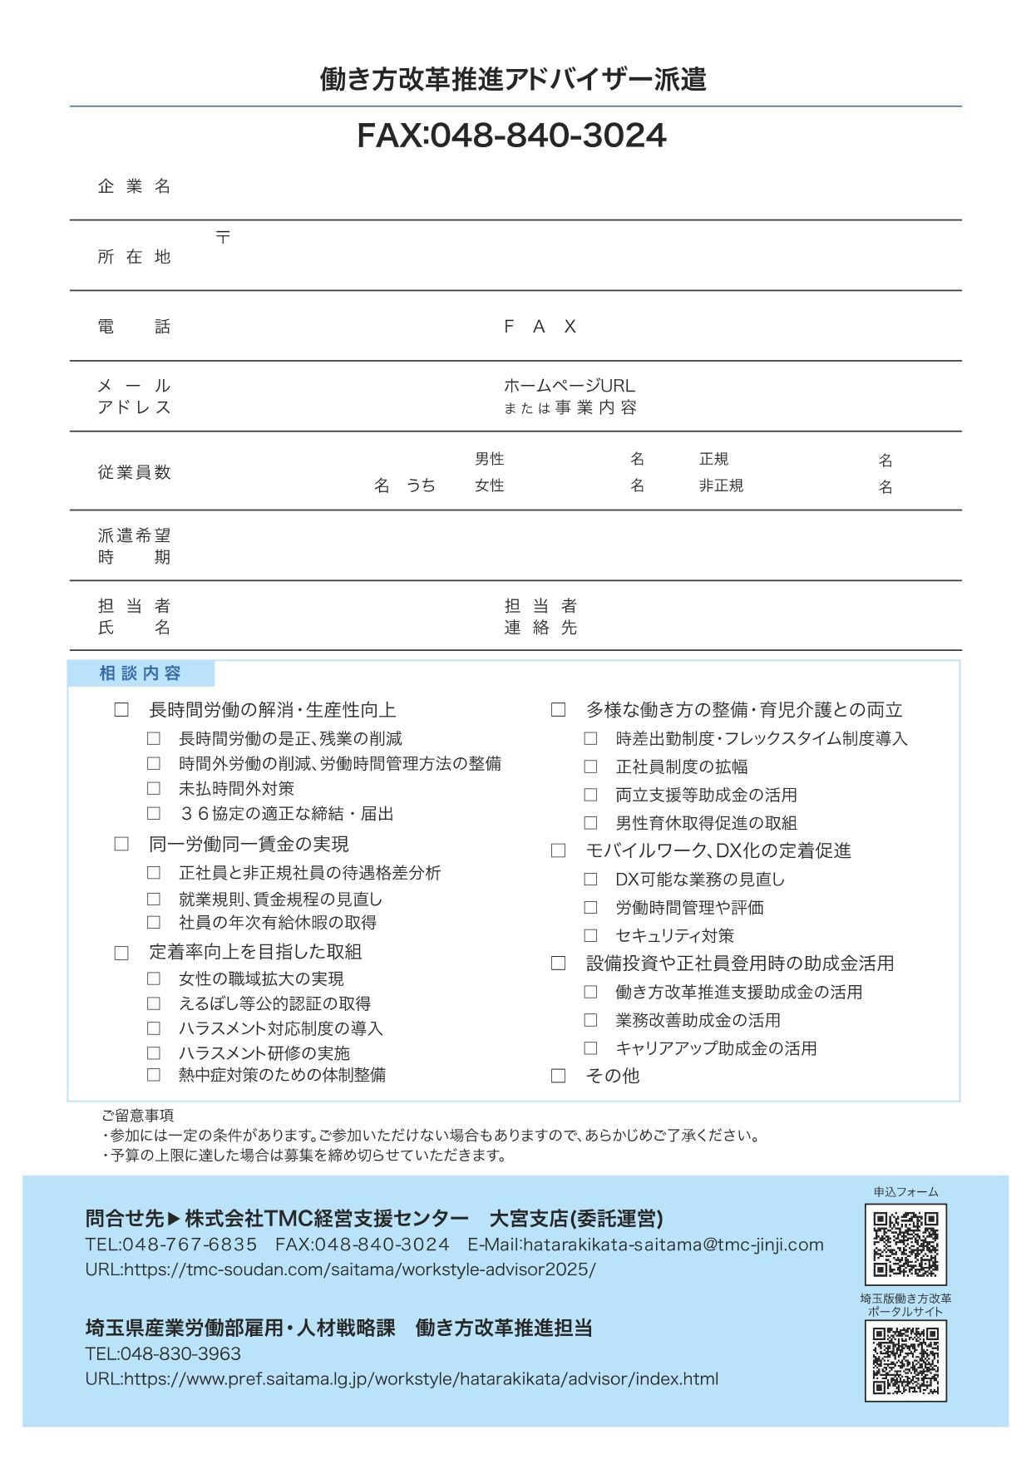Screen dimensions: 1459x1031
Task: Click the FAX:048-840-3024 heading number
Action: tap(511, 136)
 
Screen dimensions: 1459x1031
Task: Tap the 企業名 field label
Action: tap(134, 186)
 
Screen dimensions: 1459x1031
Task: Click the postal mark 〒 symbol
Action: tap(223, 237)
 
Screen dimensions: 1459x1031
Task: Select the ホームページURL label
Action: tap(569, 386)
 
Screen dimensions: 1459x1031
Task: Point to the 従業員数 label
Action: tap(134, 472)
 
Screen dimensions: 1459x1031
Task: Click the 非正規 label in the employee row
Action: tap(721, 486)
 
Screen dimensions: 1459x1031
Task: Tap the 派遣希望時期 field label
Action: tap(134, 546)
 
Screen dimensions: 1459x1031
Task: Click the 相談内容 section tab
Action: tap(141, 673)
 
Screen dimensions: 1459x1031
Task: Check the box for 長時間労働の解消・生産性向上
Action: tap(121, 710)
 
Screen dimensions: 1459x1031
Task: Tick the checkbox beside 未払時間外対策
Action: tap(154, 788)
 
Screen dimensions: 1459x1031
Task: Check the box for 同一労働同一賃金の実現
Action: tap(121, 844)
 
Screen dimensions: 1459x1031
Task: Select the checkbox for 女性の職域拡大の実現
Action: tap(154, 979)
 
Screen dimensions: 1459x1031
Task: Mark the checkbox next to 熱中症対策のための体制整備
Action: tap(154, 1075)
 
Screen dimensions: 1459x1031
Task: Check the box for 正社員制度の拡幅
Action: tap(590, 766)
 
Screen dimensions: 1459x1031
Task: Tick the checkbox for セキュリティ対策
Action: tap(590, 935)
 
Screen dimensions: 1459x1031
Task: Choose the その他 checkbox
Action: tap(559, 1076)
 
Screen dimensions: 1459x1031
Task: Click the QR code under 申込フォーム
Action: tap(905, 1244)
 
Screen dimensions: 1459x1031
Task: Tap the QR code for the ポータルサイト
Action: tap(905, 1361)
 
